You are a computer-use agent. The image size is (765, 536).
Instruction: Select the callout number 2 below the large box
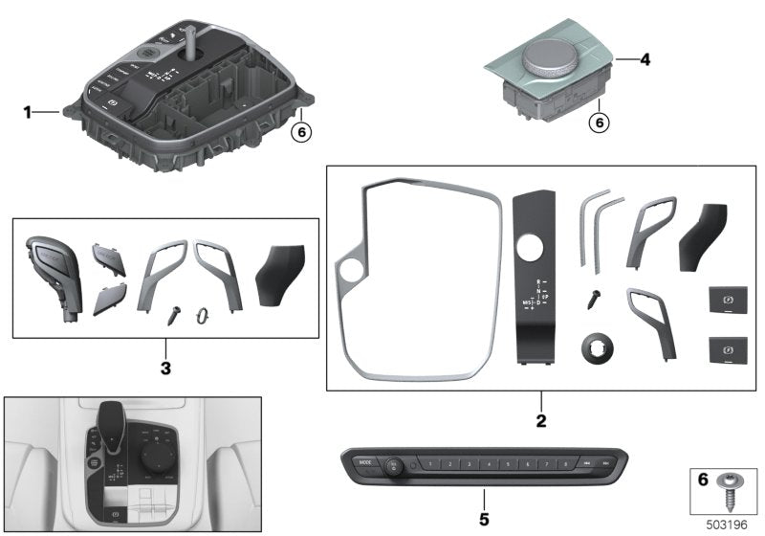coord(540,420)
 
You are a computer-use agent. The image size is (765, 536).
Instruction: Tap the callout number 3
coord(165,367)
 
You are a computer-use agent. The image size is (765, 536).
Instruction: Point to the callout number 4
coord(645,59)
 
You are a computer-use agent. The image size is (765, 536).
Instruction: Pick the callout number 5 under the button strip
coord(484,520)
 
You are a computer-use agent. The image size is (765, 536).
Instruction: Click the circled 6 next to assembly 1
coord(301,132)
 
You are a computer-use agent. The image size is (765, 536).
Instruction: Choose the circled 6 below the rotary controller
coord(599,123)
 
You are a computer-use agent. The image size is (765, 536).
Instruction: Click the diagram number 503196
coord(728,524)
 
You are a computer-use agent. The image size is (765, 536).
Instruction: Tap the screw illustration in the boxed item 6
coord(728,490)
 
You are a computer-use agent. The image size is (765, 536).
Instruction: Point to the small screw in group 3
coord(176,311)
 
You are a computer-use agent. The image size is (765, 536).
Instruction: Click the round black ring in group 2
coord(597,349)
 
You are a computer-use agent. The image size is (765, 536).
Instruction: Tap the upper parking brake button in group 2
coord(727,301)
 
